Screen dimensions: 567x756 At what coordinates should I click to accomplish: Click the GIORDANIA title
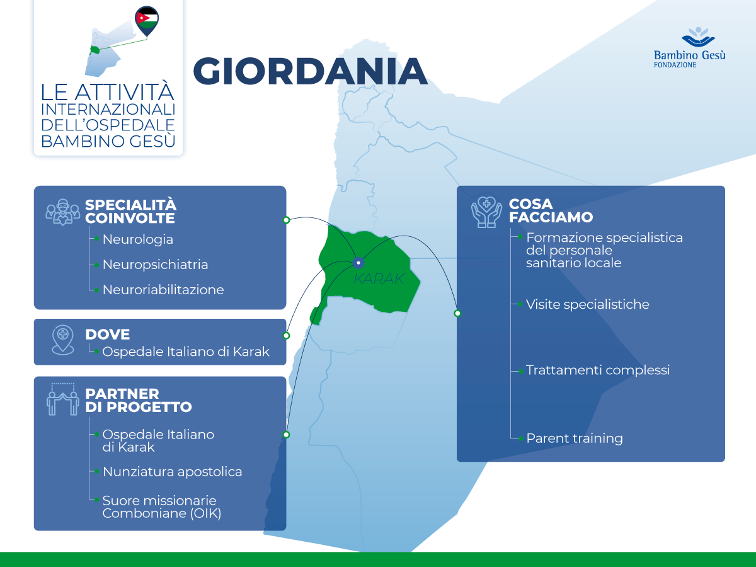310,70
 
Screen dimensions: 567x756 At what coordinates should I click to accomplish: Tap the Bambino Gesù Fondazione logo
689,47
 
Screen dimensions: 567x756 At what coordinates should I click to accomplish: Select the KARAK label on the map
378,278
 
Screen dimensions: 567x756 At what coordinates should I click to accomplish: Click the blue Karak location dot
358,263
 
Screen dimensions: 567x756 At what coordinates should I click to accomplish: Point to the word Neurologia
137,239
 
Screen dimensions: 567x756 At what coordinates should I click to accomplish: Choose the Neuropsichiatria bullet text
155,265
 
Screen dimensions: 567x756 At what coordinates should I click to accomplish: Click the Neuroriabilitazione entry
163,290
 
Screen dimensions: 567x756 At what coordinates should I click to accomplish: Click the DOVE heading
107,334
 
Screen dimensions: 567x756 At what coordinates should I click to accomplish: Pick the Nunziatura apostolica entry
172,471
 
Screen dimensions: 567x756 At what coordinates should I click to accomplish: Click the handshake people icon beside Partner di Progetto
62,399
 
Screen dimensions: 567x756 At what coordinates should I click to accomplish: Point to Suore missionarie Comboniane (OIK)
162,507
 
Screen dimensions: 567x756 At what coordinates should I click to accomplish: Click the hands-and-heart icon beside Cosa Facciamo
486,212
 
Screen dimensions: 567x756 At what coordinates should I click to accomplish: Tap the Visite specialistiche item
587,304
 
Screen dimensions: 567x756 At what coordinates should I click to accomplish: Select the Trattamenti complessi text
598,370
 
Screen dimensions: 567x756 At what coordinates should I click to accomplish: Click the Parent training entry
574,438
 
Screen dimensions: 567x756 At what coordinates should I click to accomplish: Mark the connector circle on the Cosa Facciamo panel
457,313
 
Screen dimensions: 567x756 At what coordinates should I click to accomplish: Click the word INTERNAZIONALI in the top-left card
108,108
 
